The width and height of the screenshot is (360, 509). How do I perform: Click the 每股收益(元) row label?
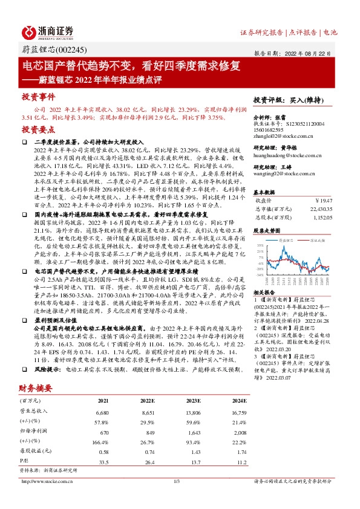coord(33,452)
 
